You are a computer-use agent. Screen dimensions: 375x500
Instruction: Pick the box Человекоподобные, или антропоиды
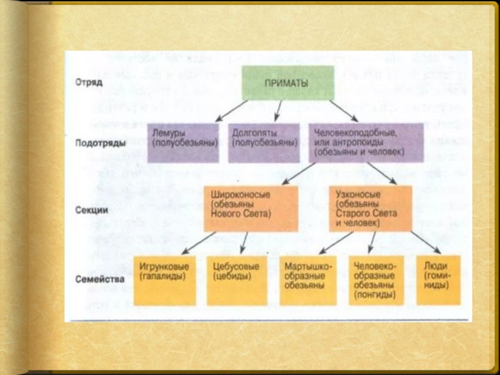pyautogui.click(x=365, y=143)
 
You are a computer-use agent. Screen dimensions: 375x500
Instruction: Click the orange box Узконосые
pyautogui.click(x=370, y=207)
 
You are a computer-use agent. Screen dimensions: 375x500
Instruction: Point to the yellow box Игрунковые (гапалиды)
pyautogui.click(x=165, y=280)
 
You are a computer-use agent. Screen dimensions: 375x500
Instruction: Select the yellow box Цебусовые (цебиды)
pyautogui.click(x=236, y=280)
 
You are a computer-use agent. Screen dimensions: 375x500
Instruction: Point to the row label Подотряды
pyautogui.click(x=98, y=143)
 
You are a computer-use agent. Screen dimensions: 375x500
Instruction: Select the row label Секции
pyautogui.click(x=92, y=211)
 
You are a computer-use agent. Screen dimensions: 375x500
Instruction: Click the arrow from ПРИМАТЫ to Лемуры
pyautogui.click(x=231, y=111)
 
